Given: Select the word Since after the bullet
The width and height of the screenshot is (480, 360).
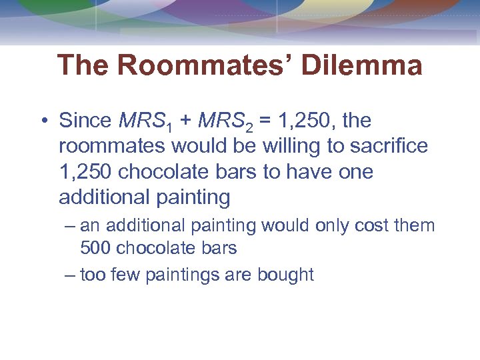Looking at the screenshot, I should [x=85, y=121].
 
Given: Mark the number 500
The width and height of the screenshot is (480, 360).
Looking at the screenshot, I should [x=95, y=249].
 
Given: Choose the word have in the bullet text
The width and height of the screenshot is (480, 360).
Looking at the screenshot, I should [x=309, y=172].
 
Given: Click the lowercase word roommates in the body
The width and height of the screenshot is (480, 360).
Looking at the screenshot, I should [x=112, y=147].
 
